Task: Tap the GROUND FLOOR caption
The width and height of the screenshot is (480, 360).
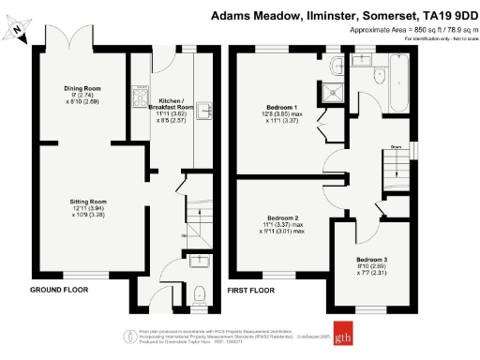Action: point(59,290)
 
